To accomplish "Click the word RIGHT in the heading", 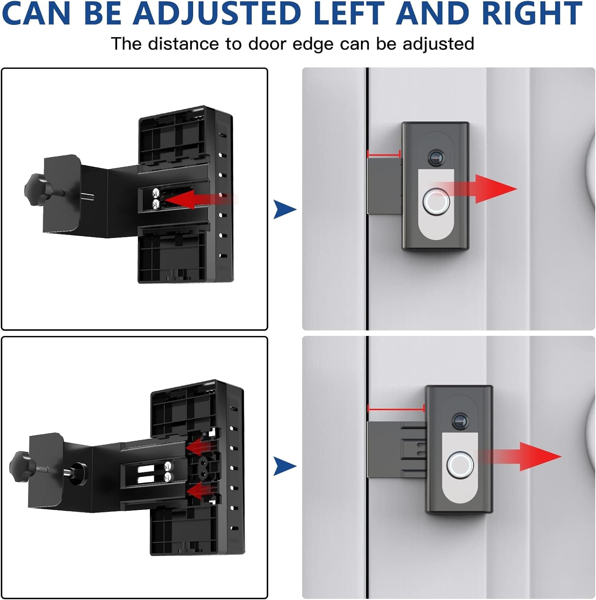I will coord(532,13).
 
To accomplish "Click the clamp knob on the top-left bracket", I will coord(34,187).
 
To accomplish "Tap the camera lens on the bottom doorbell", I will coord(460,421).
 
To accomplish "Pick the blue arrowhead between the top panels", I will coord(284,209).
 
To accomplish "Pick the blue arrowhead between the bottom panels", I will coord(284,466).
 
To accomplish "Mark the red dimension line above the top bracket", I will coord(383,154).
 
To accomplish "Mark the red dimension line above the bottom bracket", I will coord(396,408).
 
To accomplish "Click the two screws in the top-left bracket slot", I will coord(155,199).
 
